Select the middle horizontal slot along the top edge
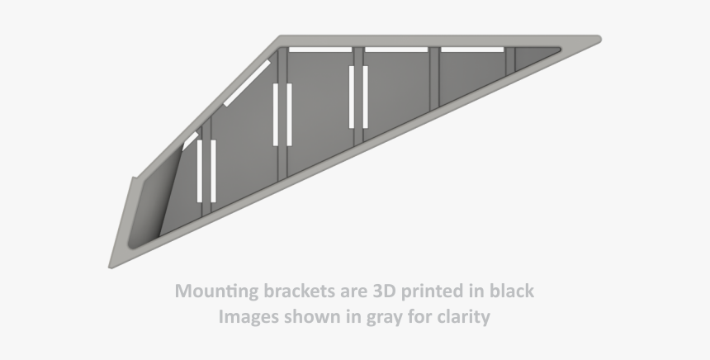pyautogui.click(x=396, y=50)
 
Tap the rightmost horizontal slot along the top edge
pyautogui.click(x=471, y=50)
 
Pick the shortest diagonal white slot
pyautogui.click(x=190, y=140)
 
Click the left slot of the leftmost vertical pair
pyautogui.click(x=200, y=171)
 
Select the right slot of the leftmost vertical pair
pyautogui.click(x=213, y=171)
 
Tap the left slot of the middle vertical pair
pyautogui.click(x=277, y=114)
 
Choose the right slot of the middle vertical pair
pyautogui.click(x=288, y=114)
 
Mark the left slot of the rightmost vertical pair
pyautogui.click(x=352, y=97)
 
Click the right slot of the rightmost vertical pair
pyautogui.click(x=364, y=97)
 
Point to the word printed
pyautogui.click(x=434, y=292)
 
